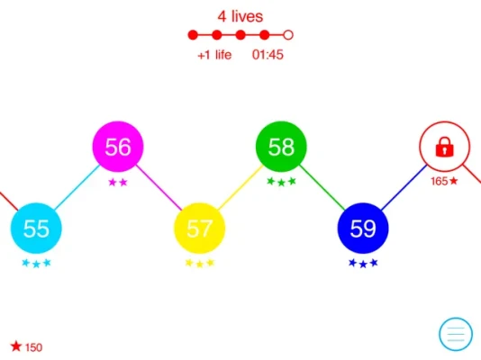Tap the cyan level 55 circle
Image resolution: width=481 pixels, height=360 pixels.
pos(36,229)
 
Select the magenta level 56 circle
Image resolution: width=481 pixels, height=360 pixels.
pos(118,147)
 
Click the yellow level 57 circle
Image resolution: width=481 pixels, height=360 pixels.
pos(200,229)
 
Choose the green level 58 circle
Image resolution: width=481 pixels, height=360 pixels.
pos(281,147)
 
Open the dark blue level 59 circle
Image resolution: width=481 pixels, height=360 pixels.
pos(363,229)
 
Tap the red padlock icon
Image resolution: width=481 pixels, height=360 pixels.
pos(444,147)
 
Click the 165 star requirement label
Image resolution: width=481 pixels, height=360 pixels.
pos(444,182)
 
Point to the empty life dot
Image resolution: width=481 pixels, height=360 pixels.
pos(288,35)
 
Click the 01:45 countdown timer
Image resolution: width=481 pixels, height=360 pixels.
pos(268,55)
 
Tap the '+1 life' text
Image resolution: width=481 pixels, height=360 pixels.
pos(214,55)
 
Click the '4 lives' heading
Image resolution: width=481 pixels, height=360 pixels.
pos(240,16)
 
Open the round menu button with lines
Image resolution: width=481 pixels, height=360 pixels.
pos(456,334)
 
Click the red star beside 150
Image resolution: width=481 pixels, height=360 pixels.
pos(16,346)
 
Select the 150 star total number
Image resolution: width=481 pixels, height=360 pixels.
pos(33,347)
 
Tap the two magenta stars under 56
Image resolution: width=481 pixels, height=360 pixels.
pos(118,183)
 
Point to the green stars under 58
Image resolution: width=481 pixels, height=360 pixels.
pos(281,182)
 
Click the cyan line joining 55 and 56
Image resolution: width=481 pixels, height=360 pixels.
pos(77,187)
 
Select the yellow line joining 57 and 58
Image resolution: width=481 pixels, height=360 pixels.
pos(240,187)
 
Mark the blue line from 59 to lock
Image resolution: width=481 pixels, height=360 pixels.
pos(404,187)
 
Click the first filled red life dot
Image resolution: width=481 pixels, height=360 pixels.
pos(193,35)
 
